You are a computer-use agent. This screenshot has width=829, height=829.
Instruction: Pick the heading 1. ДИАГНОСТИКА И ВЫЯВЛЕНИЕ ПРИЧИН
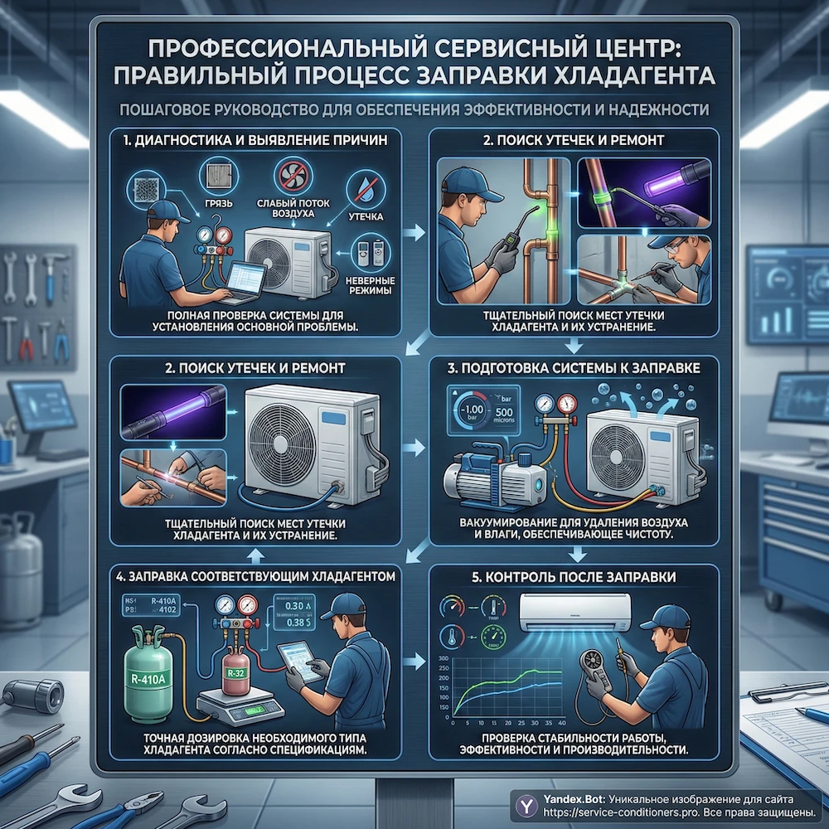coord(255,141)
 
